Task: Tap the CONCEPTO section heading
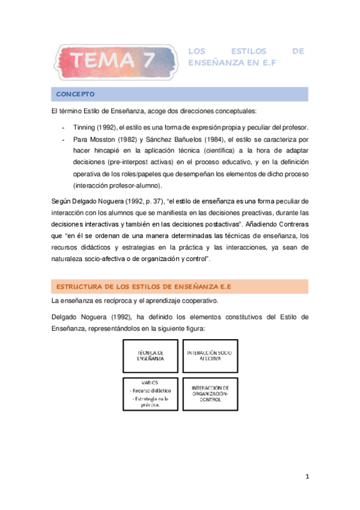[x=76, y=94]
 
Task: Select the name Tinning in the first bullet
[x=84, y=127]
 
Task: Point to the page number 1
[x=307, y=477]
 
